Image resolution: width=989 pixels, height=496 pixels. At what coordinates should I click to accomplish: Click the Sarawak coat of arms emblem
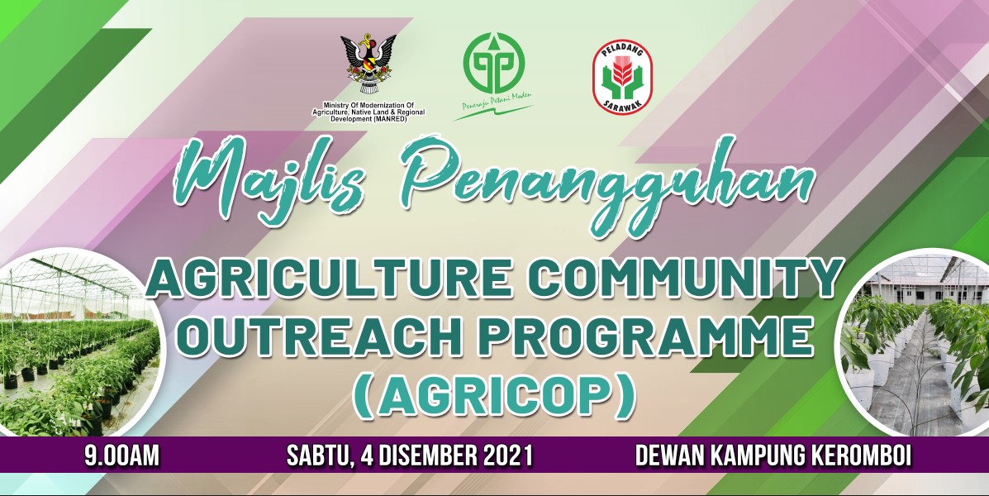point(368,64)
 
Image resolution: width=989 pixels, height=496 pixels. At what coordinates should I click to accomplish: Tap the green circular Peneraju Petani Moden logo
point(494,63)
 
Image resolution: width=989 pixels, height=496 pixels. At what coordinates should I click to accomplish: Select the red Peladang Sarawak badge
point(622,77)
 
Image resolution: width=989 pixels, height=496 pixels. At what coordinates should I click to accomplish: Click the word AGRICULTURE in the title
point(329,279)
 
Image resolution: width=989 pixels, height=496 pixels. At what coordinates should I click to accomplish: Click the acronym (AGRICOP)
point(494,396)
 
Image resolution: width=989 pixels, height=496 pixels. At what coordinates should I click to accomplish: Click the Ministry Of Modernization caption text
point(368,112)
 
